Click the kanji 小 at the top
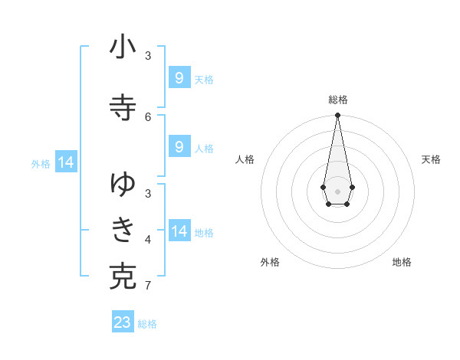123,47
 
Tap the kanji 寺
123,108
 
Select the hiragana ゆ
123,183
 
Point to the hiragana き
123,229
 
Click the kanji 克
123,277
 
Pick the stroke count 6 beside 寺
148,116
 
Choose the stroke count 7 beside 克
148,286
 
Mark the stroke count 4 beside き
148,240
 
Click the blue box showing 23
123,322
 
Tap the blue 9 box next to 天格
179,78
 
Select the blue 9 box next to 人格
179,147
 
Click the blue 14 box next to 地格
179,231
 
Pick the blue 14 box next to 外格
66,162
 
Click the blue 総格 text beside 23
148,324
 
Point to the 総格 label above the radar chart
338,100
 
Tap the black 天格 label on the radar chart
431,159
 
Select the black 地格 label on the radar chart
402,262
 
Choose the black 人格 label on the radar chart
245,159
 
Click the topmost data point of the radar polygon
337,115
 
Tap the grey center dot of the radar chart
337,191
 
